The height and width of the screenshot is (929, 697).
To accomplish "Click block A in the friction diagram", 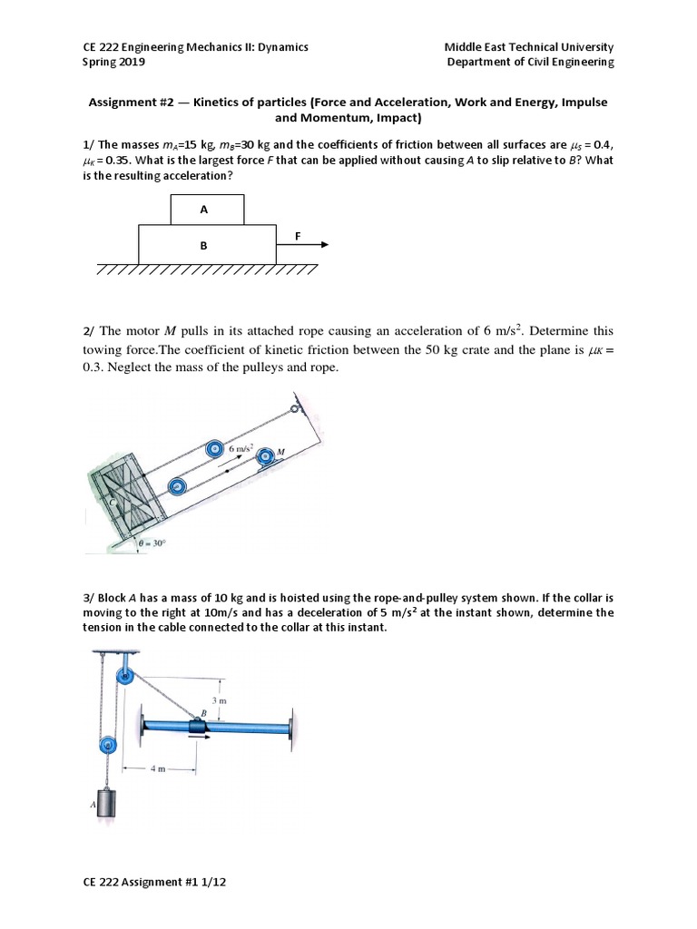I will pyautogui.click(x=206, y=210).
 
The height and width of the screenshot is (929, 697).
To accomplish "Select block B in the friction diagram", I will pyautogui.click(x=206, y=245).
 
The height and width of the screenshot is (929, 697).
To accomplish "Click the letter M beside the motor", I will pyautogui.click(x=280, y=453).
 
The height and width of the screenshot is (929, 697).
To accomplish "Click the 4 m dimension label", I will pyautogui.click(x=158, y=768).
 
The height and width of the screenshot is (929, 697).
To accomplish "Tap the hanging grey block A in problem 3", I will pyautogui.click(x=106, y=803).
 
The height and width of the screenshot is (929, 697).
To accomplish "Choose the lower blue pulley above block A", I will pyautogui.click(x=106, y=745).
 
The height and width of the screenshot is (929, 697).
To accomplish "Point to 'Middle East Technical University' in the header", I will pyautogui.click(x=528, y=47).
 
